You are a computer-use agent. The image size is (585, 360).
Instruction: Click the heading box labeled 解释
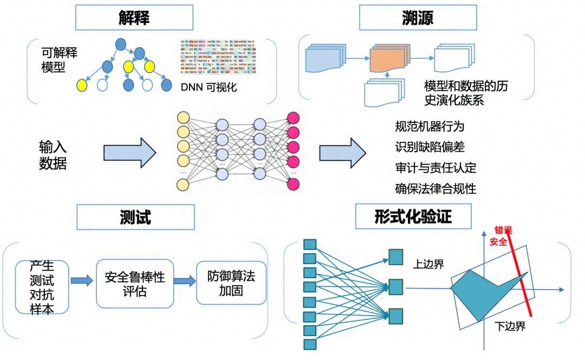coord(134,18)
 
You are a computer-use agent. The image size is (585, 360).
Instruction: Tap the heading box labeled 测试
coord(135,217)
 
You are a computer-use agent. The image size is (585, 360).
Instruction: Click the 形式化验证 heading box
coord(413,217)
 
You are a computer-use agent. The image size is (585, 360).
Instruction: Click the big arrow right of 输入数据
coord(129,153)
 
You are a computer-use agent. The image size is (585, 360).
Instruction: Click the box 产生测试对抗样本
coord(42,287)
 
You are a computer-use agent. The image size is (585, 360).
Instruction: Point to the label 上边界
coord(428,264)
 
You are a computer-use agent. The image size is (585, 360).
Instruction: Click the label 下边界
coord(510,326)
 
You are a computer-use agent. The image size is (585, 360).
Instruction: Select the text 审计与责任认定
coord(435,168)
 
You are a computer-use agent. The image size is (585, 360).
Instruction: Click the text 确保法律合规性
coord(435,188)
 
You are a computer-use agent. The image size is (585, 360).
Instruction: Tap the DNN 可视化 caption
coord(209,87)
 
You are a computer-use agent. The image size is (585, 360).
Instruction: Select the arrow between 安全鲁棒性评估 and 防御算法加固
coord(184,281)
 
